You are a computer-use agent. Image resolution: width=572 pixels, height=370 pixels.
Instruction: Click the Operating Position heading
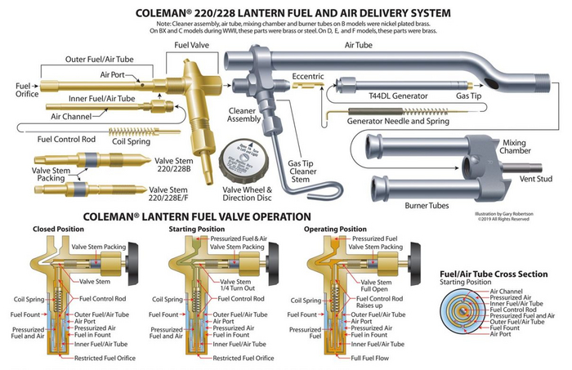[335, 230]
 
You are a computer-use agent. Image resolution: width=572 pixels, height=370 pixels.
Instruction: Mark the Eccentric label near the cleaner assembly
[308, 78]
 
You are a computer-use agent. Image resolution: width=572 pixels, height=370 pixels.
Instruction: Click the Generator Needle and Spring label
[391, 120]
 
